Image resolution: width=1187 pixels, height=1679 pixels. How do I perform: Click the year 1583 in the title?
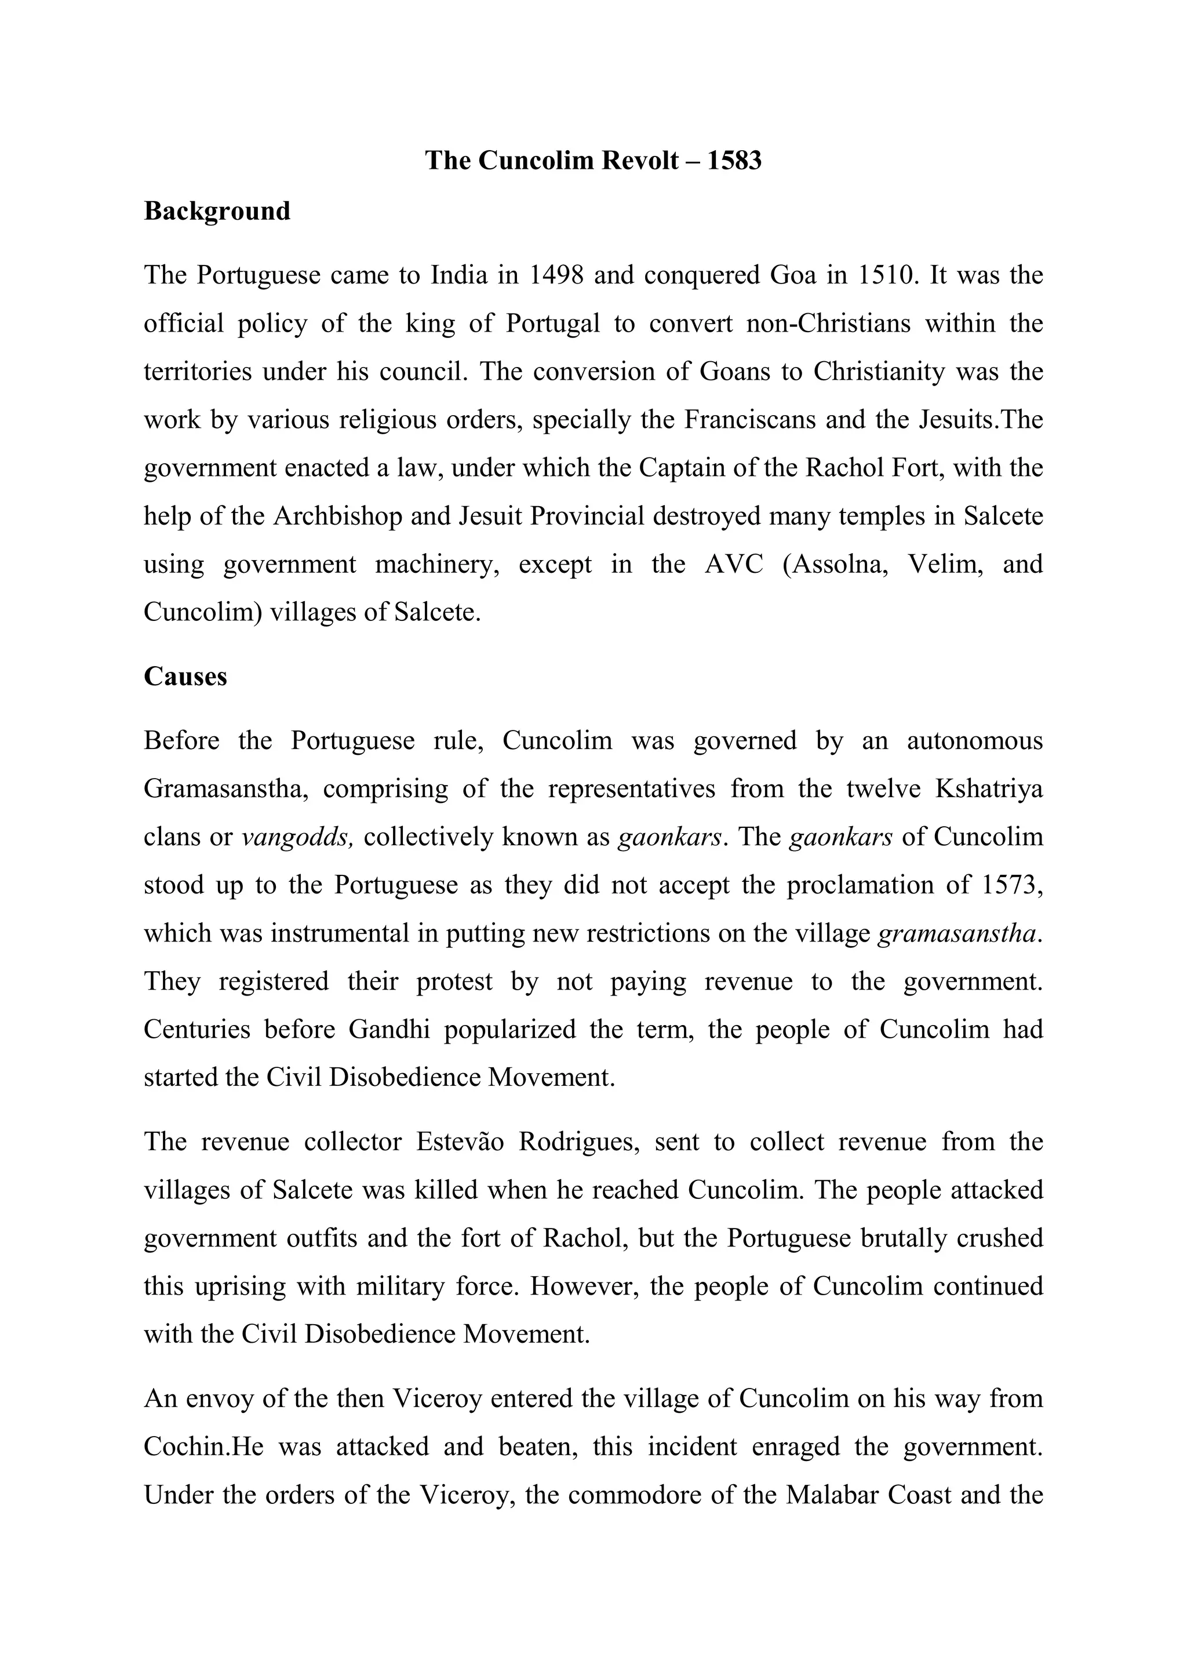pyautogui.click(x=734, y=160)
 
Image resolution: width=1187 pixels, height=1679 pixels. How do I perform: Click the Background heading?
pyautogui.click(x=217, y=212)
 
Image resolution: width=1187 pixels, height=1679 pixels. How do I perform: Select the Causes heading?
pyautogui.click(x=185, y=677)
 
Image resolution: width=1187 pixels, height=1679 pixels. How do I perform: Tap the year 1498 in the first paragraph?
pyautogui.click(x=555, y=276)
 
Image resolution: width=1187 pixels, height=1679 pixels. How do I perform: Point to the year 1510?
pyautogui.click(x=885, y=276)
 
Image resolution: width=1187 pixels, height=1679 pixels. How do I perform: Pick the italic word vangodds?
pyautogui.click(x=297, y=837)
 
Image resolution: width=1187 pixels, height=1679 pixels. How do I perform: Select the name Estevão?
pyautogui.click(x=460, y=1142)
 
